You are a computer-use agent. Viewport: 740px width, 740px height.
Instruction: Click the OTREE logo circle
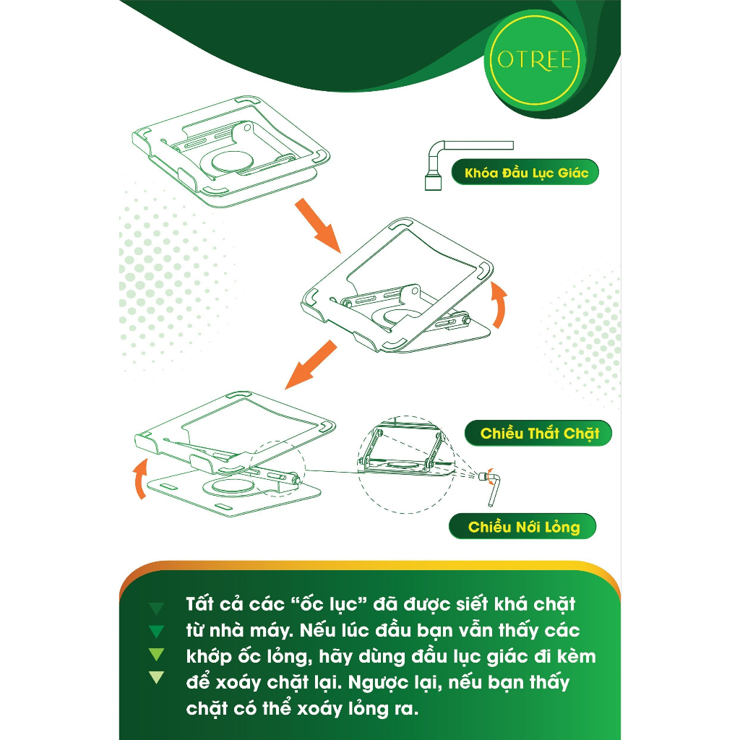535,60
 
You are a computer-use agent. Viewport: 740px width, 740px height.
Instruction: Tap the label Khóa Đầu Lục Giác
525,172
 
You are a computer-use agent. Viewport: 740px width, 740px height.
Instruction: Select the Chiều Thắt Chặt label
538,434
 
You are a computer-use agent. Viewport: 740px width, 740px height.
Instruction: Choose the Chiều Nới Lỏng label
523,526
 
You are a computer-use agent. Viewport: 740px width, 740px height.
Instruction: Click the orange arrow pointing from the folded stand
317,225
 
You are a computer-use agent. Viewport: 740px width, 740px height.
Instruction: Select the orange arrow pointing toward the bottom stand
311,364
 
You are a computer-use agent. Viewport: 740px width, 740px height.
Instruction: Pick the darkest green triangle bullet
156,608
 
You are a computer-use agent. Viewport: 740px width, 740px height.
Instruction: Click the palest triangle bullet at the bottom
156,677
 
